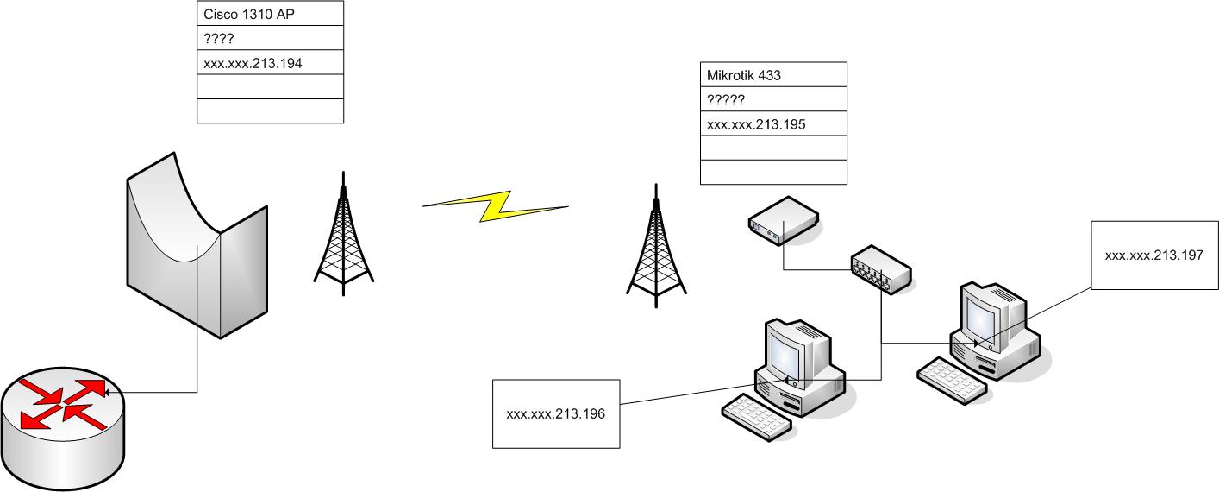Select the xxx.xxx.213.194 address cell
253,63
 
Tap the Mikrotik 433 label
743,75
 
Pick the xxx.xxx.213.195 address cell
756,124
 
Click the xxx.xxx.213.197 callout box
1153,255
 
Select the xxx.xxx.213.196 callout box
556,413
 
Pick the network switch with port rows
880,269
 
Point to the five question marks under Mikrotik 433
725,99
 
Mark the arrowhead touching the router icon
104,393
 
